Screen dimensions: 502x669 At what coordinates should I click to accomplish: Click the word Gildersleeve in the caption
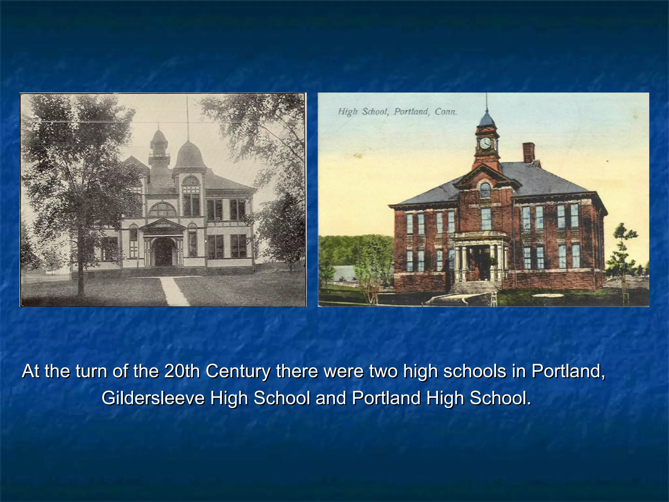click(x=154, y=398)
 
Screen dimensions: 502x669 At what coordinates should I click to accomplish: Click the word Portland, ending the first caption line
click(x=568, y=371)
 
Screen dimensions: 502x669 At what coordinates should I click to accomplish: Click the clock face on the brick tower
click(x=485, y=143)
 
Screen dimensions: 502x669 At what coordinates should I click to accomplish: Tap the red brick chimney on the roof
click(x=528, y=152)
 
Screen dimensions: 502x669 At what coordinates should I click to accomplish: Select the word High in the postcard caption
click(x=348, y=112)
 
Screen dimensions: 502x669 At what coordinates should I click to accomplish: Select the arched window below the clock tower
click(x=485, y=190)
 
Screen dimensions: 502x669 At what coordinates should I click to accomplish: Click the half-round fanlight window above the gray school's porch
click(x=162, y=210)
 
